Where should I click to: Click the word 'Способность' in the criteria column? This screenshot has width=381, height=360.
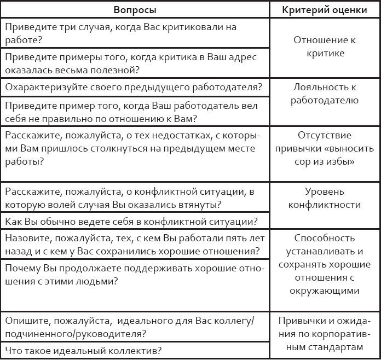(x=325, y=239)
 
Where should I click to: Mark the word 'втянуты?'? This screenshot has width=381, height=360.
(x=201, y=205)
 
